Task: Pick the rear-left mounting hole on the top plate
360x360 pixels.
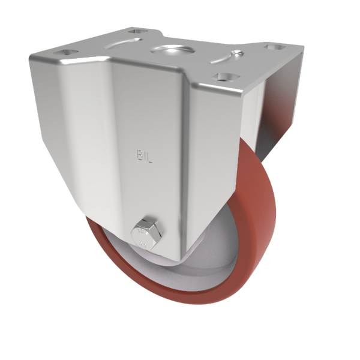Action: pos(137,30)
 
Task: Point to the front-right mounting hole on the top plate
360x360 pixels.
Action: pos(226,77)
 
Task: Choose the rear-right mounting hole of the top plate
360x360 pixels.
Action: pos(277,46)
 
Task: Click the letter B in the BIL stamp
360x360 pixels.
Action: pos(138,157)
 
